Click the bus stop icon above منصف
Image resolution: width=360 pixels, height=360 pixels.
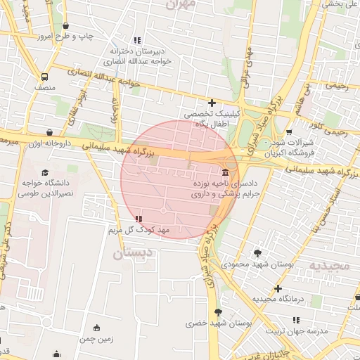pos(45,77)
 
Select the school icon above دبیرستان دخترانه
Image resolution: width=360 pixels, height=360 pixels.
pos(136,40)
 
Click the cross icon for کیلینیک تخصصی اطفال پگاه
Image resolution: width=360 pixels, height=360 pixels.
pos(211,103)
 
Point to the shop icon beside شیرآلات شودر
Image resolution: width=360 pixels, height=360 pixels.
pos(290,131)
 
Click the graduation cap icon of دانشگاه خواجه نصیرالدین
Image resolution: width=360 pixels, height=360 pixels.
pos(45,172)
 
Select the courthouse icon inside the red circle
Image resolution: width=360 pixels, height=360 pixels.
pos(224,173)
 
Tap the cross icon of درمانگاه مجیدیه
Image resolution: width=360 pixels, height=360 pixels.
pos(278,288)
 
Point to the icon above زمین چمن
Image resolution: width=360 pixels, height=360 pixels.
pos(96,328)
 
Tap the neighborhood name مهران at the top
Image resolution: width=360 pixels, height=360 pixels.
pos(181,4)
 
